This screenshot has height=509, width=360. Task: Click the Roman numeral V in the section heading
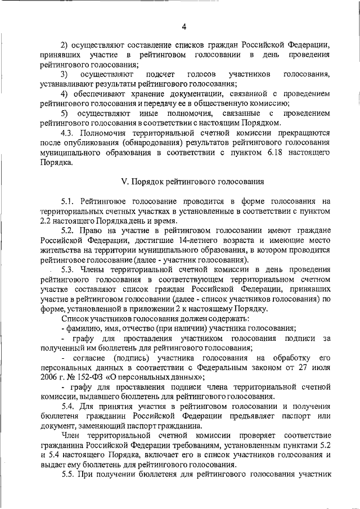tap(125, 182)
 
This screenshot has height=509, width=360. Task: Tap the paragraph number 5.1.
tap(69, 201)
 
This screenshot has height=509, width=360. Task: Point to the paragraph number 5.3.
tap(69, 269)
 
